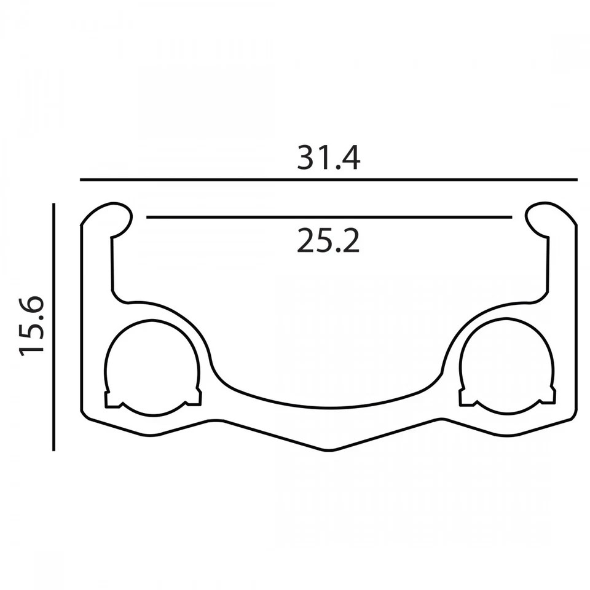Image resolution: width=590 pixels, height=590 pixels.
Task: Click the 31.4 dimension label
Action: (328, 158)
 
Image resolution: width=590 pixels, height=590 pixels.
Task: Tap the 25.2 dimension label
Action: (328, 240)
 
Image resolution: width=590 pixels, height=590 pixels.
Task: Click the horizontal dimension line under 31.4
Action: (328, 180)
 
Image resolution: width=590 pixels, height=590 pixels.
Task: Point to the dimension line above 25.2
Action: (329, 217)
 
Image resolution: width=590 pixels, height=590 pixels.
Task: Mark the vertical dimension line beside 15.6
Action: (54, 327)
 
